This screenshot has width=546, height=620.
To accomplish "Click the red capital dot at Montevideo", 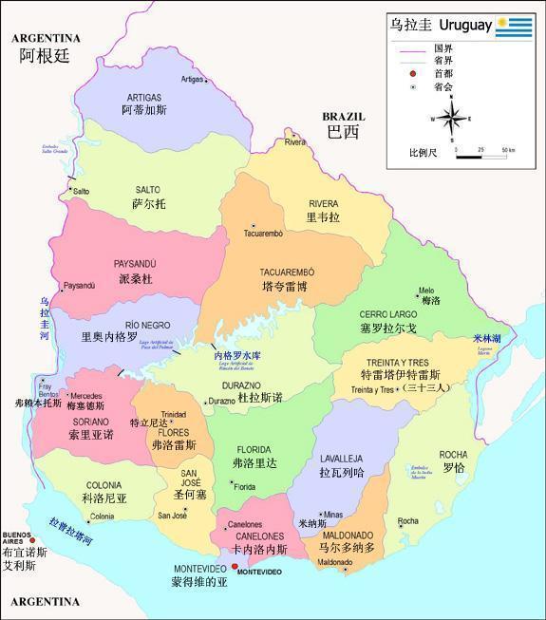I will [x=235, y=568].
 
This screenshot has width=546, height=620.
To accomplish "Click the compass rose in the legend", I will [x=452, y=119].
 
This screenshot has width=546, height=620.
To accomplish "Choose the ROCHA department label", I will [x=453, y=455].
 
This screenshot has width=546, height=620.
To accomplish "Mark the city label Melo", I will [x=425, y=291].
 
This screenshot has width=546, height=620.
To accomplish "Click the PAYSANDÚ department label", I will [x=134, y=264].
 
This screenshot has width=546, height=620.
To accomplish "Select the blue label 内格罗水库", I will [x=236, y=356].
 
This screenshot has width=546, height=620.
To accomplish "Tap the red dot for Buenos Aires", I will [x=31, y=541].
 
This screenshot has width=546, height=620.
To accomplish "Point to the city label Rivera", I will [x=294, y=142].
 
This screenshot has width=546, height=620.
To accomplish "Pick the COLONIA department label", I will [x=104, y=485].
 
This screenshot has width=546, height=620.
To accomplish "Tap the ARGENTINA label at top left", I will [x=45, y=38].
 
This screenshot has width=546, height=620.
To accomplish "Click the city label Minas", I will [x=331, y=514].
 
